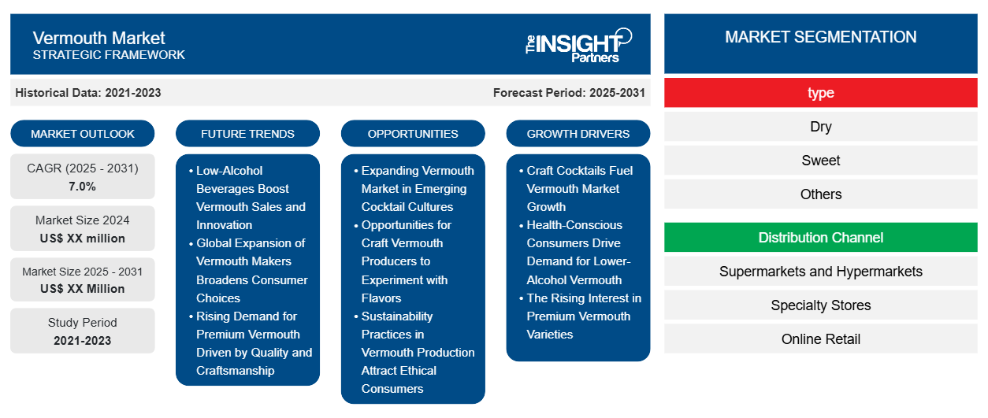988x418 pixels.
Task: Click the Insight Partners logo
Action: coord(578,45)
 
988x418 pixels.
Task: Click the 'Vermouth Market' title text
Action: coord(98,38)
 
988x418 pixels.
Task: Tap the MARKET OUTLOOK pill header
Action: coord(83,134)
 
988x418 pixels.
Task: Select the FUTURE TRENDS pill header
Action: coord(247,134)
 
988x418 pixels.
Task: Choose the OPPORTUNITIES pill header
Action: coord(413,134)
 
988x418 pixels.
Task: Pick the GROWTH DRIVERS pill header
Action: coord(578,134)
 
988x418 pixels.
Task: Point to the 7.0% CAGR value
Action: coord(82,187)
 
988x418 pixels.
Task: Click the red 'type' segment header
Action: coord(820,93)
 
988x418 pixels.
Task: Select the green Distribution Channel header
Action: coord(820,238)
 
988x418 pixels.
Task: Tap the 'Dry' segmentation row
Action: coord(820,127)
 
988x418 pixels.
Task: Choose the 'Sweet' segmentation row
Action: coord(820,161)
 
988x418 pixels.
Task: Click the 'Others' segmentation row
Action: coord(820,194)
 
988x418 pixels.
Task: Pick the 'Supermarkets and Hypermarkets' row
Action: coord(820,272)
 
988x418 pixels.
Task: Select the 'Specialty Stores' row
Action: coord(820,305)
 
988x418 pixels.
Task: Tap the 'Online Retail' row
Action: coord(820,339)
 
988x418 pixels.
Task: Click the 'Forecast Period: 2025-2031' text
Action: coord(569,93)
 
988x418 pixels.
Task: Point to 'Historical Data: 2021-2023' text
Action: coord(88,93)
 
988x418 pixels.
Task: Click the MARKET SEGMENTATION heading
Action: coord(820,37)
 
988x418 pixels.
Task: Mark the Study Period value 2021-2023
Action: coord(83,341)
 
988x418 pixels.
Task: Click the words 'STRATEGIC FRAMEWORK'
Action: coord(109,55)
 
